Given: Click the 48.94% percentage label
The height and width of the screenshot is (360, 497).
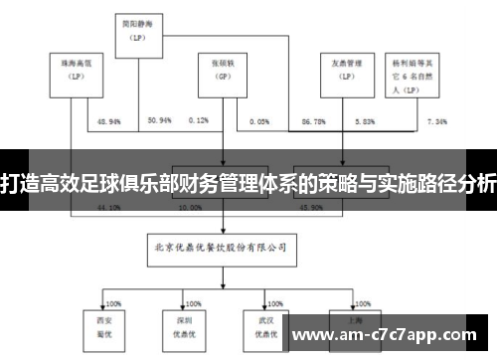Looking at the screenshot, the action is click(109, 121).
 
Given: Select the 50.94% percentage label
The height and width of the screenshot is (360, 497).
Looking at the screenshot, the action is click(159, 121).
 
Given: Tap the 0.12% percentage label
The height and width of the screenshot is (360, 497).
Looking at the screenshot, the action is click(198, 121).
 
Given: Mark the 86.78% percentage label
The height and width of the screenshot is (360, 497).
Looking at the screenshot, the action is click(312, 121).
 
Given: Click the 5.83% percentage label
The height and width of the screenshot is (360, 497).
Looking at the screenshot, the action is click(365, 121).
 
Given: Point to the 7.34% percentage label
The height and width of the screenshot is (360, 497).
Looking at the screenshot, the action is click(437, 121).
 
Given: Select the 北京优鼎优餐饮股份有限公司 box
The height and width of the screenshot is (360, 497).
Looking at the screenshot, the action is click(221, 244).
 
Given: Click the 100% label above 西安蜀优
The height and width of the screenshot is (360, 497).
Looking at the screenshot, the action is click(112, 301).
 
